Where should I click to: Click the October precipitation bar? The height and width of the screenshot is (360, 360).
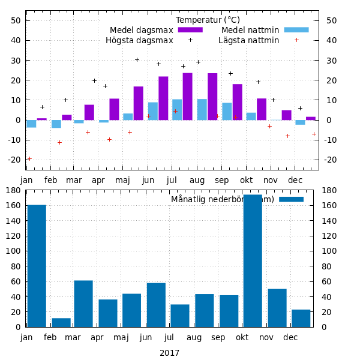(x=253, y=261)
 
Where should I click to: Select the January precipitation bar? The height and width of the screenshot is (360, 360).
(x=37, y=266)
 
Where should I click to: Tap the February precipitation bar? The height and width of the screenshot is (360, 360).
(x=61, y=322)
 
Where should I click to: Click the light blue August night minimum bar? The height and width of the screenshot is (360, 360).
(x=202, y=110)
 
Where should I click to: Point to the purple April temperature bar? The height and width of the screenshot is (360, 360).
(x=114, y=109)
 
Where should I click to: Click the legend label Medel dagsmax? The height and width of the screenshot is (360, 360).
(x=141, y=30)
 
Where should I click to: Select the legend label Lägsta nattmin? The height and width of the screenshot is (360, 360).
(x=248, y=40)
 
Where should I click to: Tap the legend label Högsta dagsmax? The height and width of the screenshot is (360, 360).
(x=139, y=40)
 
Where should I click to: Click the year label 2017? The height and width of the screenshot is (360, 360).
(x=169, y=353)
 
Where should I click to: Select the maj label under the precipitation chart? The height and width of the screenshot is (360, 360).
(x=122, y=337)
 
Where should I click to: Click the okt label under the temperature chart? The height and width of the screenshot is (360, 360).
(x=247, y=180)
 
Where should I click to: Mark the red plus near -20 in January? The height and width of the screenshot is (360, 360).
(x=29, y=158)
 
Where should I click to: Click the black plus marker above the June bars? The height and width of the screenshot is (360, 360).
(x=158, y=64)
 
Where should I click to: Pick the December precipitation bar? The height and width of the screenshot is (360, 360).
(x=301, y=318)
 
